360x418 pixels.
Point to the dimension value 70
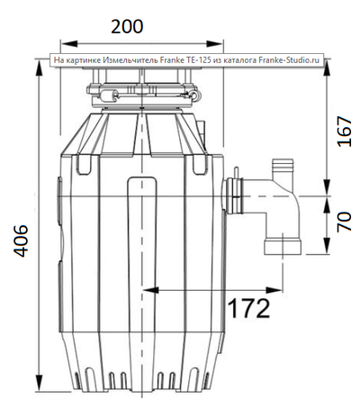click(x=343, y=223)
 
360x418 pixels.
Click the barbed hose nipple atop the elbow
click(x=282, y=168)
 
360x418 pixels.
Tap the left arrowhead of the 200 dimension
click(x=64, y=42)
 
